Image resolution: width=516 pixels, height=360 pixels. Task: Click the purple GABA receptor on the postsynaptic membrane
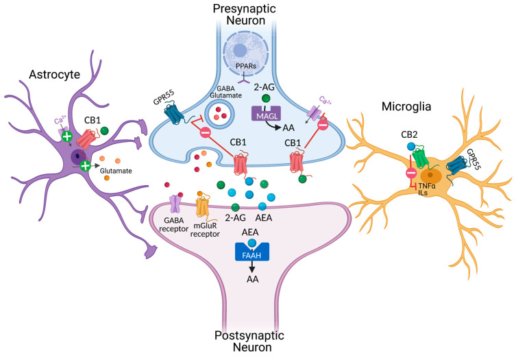176,204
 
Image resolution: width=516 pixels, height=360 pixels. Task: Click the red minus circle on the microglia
391,173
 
